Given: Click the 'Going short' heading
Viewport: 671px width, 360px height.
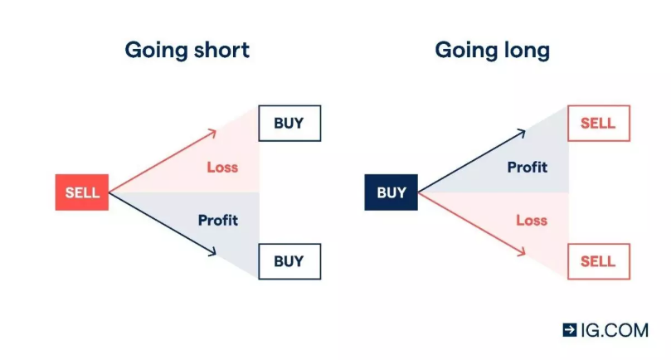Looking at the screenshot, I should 187,50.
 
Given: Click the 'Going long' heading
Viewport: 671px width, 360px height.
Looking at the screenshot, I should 492,50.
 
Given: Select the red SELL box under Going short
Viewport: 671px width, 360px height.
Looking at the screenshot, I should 82,192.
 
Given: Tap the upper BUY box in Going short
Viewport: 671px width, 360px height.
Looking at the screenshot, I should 289,124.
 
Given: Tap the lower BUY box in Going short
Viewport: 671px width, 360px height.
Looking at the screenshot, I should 289,261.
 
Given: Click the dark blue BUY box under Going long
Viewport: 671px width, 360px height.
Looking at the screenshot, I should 391,192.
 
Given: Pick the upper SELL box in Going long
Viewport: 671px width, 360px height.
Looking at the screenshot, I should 598,124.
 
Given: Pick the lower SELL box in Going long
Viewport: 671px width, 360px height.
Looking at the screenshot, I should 598,261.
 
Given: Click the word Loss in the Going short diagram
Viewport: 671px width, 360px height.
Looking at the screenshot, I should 222,167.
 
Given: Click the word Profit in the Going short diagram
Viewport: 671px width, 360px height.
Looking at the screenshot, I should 217,220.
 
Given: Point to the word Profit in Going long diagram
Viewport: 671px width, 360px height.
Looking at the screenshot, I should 528,167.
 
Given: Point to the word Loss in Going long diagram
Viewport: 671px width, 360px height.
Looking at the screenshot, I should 532,220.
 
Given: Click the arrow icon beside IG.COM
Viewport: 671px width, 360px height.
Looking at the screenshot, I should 570,329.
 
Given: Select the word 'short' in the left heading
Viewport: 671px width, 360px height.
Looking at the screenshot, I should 219,50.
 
